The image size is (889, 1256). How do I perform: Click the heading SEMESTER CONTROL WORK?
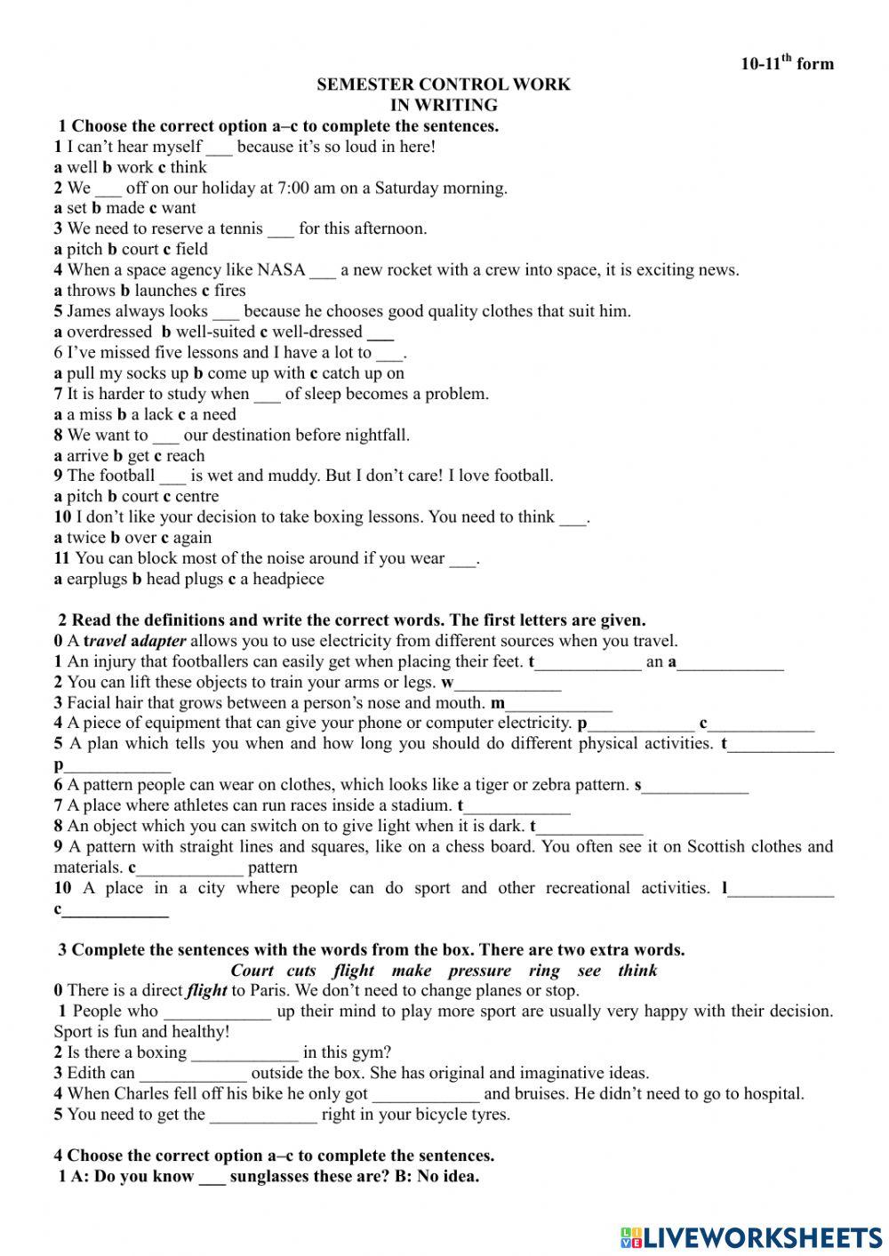(444, 84)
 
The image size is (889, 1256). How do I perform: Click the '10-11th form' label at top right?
(787, 63)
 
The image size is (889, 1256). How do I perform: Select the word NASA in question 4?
(281, 270)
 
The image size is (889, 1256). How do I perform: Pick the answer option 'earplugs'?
(97, 580)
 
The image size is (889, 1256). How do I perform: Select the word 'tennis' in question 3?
(241, 229)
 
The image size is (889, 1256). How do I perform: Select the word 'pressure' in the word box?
(479, 971)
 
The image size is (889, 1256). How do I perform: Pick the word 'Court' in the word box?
(252, 971)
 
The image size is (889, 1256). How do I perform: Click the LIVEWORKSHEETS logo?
(751, 1236)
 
